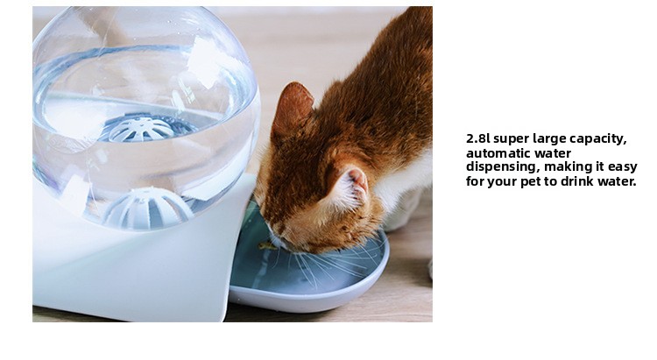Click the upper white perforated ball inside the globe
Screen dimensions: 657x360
tap(141, 129)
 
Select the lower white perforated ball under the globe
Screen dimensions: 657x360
tap(148, 208)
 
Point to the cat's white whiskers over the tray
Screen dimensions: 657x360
tap(331, 264)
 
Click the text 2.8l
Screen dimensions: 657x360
tap(477, 138)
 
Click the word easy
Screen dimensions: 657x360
tap(622, 168)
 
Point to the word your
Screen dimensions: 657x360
tap(502, 183)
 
